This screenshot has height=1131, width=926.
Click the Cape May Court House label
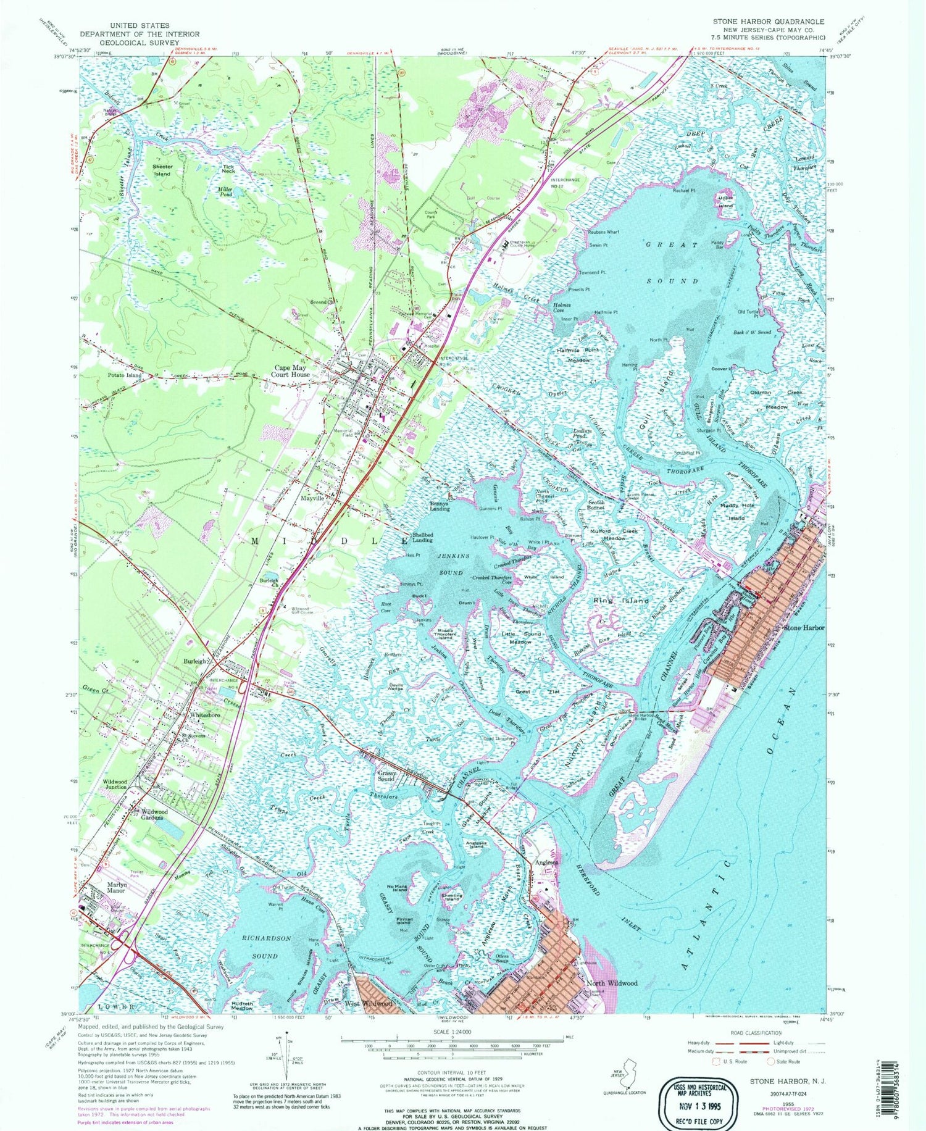pyautogui.click(x=292, y=370)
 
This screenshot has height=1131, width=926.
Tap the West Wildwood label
pyautogui.click(x=369, y=1003)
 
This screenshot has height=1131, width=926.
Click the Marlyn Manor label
pyautogui.click(x=116, y=887)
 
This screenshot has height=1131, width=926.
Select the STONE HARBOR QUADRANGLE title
pyautogui.click(x=768, y=21)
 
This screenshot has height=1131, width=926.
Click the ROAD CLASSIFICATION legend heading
pyautogui.click(x=756, y=1032)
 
